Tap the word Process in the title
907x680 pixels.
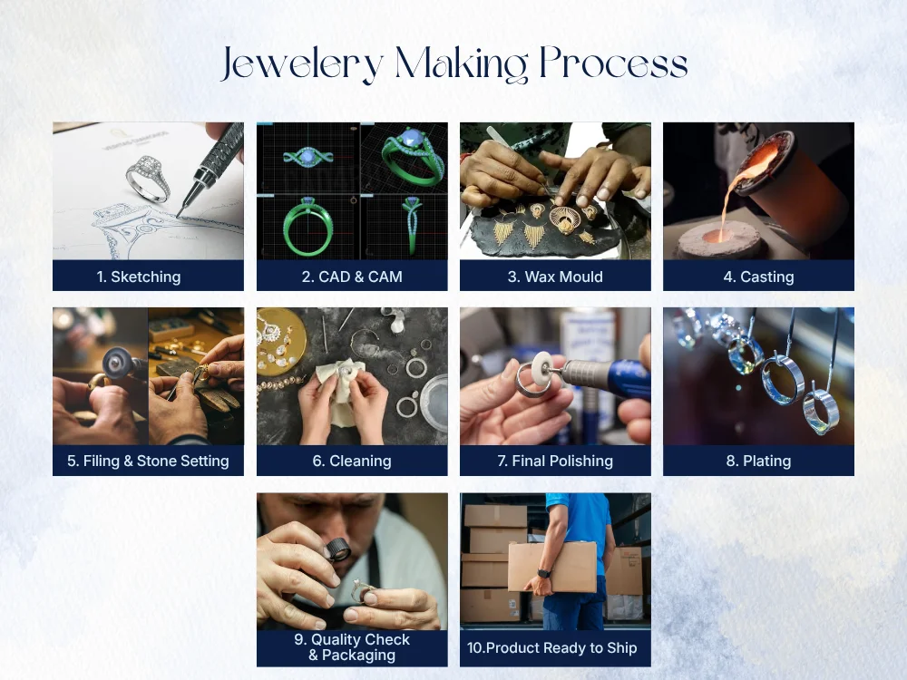[x=613, y=63]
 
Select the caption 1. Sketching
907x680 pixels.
[x=139, y=277]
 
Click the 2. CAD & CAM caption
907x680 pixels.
[x=352, y=277]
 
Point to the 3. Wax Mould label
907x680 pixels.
[x=555, y=277]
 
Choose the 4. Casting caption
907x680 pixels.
[x=758, y=277]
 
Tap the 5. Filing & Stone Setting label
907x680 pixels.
[x=148, y=461]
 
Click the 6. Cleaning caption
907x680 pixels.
[x=352, y=461]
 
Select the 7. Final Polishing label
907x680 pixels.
[x=555, y=461]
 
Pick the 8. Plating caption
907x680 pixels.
[x=758, y=461]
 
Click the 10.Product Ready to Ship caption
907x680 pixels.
[x=551, y=647]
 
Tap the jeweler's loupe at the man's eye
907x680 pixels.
[x=337, y=549]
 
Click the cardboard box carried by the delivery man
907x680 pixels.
[x=552, y=568]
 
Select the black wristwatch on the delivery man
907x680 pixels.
[x=543, y=574]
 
